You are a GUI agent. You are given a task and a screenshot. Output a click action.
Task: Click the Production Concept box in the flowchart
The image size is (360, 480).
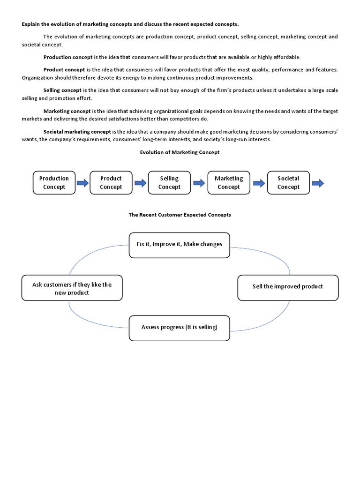point(54,183)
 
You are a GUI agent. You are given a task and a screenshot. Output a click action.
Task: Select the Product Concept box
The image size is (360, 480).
point(111,183)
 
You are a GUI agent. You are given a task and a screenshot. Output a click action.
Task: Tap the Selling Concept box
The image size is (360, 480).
point(169,183)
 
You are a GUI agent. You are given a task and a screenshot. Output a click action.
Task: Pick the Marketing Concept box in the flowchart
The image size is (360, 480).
point(229,183)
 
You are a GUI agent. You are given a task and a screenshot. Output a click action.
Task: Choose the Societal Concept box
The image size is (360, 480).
point(288,183)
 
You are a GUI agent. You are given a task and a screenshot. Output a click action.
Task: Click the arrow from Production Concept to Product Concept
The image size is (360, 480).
point(82,183)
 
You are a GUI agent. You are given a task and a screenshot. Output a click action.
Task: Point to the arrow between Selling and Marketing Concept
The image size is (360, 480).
point(199,183)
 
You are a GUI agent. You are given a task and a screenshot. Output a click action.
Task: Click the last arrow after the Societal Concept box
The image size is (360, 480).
point(318,183)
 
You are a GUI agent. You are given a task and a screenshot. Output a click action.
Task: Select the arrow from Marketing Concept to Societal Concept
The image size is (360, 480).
point(258,183)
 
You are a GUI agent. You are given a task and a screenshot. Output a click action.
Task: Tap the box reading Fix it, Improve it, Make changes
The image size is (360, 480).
point(180,245)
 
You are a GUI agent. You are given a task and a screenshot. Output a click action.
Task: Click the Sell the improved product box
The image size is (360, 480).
point(288,287)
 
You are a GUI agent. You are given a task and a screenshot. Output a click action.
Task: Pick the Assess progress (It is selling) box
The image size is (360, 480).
point(180,328)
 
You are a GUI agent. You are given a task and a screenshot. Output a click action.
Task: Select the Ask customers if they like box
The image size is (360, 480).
point(72,288)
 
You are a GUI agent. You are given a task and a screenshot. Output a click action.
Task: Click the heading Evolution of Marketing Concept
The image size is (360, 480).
point(180,152)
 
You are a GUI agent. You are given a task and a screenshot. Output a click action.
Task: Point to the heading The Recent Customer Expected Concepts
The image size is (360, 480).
point(180,215)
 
